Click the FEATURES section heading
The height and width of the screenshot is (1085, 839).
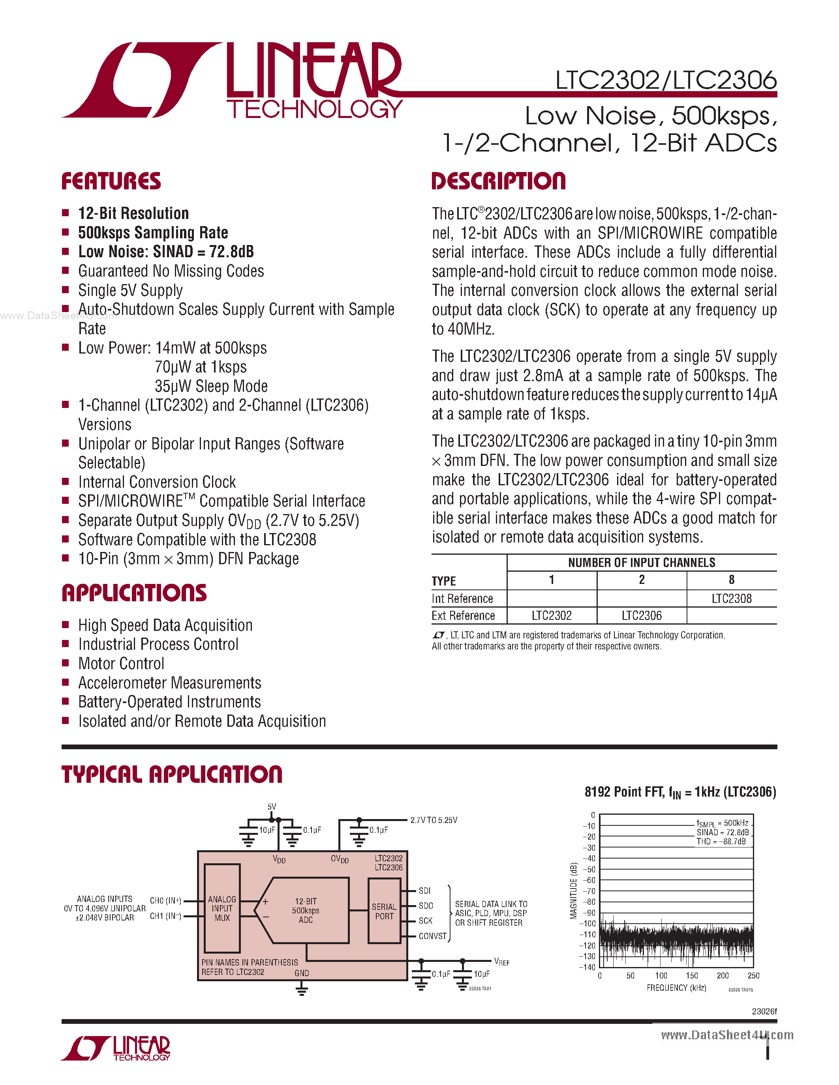click(111, 181)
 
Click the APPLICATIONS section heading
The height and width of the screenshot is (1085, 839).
click(134, 593)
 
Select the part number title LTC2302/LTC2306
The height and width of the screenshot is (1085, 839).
click(666, 80)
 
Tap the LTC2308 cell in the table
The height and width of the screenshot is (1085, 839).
click(731, 599)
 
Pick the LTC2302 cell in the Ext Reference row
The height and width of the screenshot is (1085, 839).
click(551, 615)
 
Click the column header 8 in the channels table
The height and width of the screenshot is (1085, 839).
click(731, 580)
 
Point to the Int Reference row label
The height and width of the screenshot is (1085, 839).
click(462, 599)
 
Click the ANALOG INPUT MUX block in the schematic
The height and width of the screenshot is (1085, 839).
click(222, 908)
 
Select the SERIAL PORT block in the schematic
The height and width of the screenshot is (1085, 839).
click(384, 911)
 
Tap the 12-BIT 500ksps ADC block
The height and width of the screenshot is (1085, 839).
click(306, 910)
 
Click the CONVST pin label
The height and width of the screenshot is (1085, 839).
click(432, 936)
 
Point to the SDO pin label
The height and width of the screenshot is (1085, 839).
click(426, 905)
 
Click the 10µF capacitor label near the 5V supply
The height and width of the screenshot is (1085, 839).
click(267, 830)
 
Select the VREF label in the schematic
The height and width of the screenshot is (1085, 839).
click(501, 962)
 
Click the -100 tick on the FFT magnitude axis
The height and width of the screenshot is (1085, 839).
click(589, 924)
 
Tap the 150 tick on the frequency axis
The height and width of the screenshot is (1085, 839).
click(692, 976)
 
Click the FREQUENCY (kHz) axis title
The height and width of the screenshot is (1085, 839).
click(676, 988)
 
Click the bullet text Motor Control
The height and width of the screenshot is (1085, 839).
click(121, 664)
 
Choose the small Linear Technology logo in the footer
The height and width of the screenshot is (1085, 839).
click(116, 1049)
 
